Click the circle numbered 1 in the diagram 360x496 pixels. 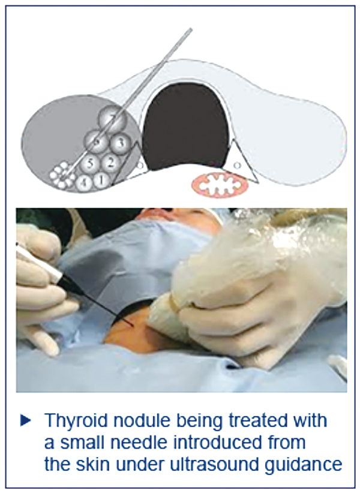101,181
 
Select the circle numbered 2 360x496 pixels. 110,163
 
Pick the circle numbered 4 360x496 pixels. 84,182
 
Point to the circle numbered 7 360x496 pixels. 113,119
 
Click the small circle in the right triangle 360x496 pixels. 238,164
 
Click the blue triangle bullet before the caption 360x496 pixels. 26,421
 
